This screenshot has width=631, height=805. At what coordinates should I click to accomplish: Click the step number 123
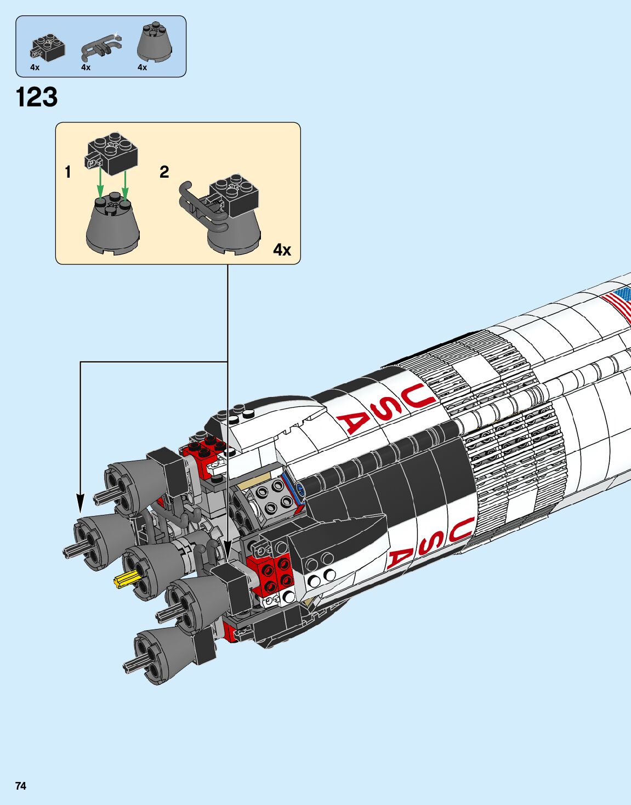coord(37,98)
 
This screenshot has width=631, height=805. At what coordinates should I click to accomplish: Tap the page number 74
coord(21,786)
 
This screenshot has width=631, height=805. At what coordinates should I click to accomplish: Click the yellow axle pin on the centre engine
coord(124,579)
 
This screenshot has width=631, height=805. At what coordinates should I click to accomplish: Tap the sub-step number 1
coord(68,172)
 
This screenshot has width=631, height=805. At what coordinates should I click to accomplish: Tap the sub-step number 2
coord(164,172)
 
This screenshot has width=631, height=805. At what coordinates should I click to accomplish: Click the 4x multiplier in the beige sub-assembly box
coord(282,250)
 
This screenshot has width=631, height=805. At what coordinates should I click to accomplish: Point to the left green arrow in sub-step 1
coord(100,184)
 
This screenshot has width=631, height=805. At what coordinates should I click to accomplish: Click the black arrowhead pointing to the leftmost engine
coord(81,503)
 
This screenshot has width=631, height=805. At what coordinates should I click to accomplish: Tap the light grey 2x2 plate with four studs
coord(272,496)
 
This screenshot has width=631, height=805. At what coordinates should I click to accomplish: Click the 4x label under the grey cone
coord(143,67)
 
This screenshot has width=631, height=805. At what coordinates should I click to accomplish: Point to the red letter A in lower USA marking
coord(399,559)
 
